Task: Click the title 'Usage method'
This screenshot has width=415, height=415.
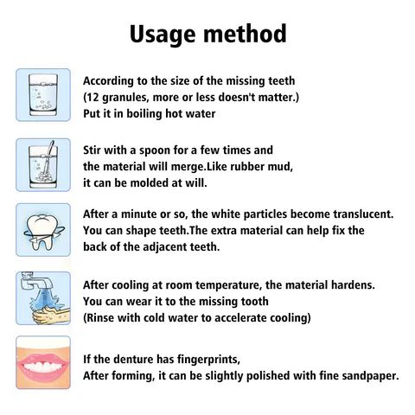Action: (x=207, y=34)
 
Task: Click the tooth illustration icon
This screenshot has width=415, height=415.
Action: (x=42, y=228)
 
